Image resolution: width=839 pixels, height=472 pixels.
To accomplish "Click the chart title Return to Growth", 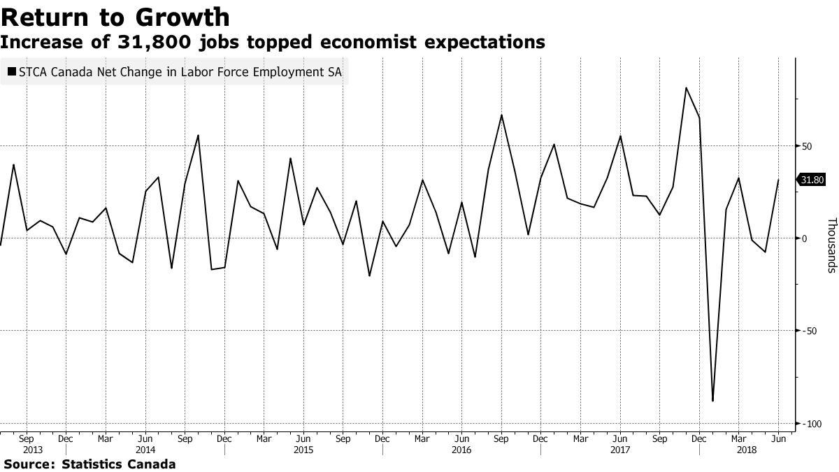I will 115,17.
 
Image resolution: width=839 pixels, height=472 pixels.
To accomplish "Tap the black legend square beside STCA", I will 12,71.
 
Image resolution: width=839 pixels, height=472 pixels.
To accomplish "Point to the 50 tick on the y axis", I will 805,146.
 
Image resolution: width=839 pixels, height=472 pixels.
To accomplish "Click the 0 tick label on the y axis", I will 804,238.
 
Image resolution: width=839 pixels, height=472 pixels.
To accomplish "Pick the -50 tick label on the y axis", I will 808,331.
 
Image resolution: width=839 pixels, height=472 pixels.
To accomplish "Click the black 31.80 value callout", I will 812,180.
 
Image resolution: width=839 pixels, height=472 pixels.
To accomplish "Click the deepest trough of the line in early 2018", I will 712,401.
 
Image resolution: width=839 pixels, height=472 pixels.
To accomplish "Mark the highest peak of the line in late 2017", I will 686,87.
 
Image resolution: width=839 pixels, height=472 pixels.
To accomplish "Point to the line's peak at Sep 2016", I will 501,115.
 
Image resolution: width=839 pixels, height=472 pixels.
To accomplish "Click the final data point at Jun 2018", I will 778,180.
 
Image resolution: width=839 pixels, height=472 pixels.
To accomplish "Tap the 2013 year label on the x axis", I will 33,450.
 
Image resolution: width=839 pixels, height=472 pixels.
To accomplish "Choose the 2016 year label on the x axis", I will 462,450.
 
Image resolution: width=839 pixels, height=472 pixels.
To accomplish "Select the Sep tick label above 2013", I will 26,438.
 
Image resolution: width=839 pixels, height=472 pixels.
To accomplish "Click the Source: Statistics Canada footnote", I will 89,464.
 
